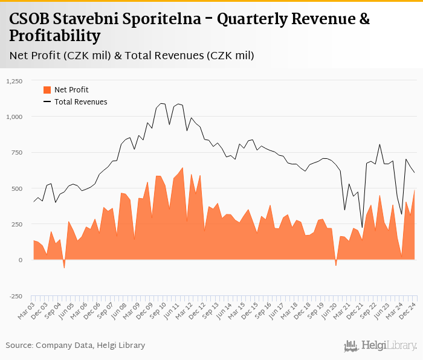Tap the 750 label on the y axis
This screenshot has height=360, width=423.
pyautogui.click(x=16, y=152)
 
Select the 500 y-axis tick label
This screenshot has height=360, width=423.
pyautogui.click(x=16, y=188)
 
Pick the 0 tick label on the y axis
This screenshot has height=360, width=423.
pyautogui.click(x=21, y=260)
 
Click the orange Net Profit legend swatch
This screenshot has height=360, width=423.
pyautogui.click(x=47, y=90)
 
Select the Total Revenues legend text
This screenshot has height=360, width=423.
pyautogui.click(x=81, y=102)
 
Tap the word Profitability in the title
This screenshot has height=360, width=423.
pyautogui.click(x=55, y=36)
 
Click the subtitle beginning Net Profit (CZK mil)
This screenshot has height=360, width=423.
pyautogui.click(x=132, y=56)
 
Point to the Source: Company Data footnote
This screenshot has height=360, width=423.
pyautogui.click(x=76, y=345)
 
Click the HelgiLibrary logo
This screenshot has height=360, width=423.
pyautogui.click(x=380, y=346)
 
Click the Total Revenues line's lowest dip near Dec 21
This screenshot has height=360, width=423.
pyautogui.click(x=362, y=228)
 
